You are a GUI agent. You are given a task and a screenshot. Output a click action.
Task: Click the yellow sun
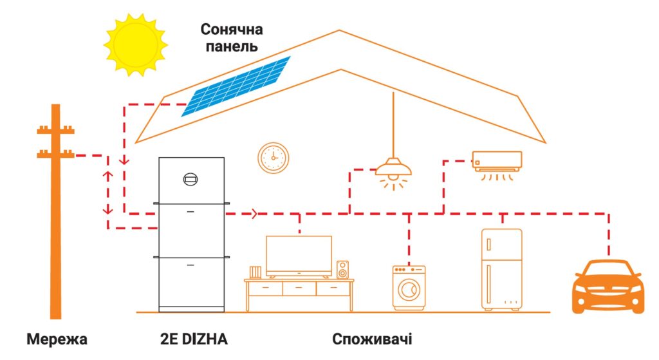click(x=135, y=43)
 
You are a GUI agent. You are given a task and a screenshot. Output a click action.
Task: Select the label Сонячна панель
click(x=231, y=38)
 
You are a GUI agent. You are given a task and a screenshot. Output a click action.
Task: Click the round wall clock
click(x=274, y=158)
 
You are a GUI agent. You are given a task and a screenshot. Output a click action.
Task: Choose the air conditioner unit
click(x=496, y=161)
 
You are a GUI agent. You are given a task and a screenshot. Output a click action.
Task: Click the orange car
click(x=608, y=287)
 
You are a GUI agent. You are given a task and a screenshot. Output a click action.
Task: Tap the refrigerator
click(x=501, y=268)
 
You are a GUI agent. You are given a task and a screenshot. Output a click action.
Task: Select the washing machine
click(x=409, y=287)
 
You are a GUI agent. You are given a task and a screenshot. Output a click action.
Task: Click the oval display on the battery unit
click(x=191, y=178)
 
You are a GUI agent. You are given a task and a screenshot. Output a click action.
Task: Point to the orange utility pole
click(x=57, y=213)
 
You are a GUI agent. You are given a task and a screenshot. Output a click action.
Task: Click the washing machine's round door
click(x=409, y=290)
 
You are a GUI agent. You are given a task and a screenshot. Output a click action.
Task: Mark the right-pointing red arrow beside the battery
click(x=255, y=213)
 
